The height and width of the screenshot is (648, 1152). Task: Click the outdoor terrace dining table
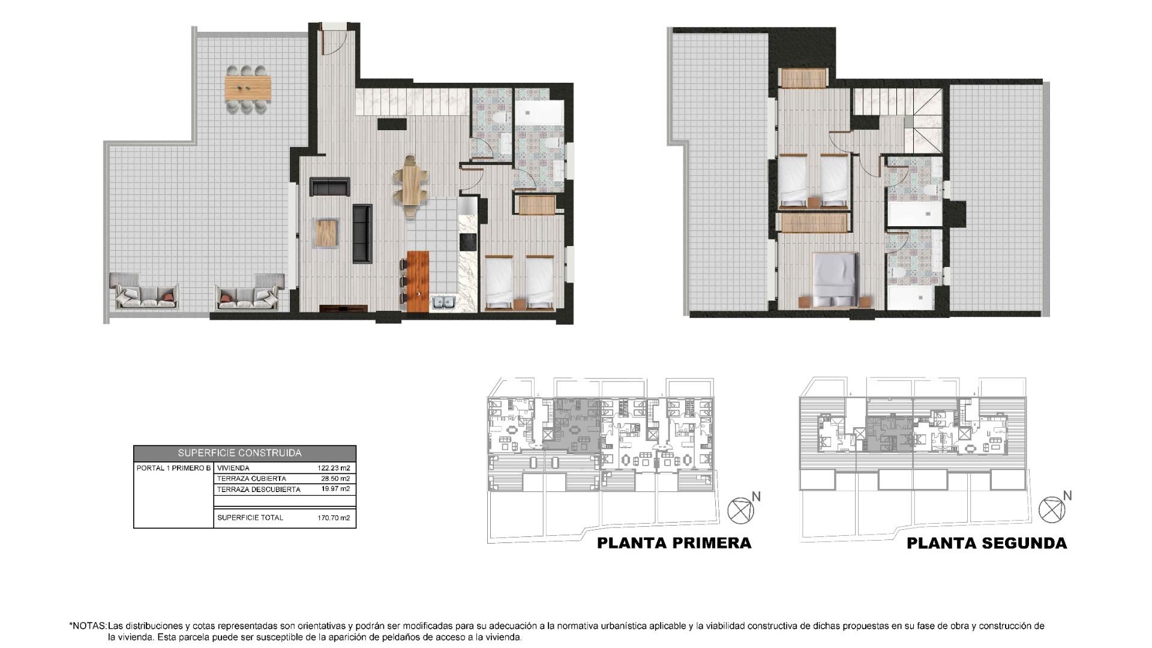[248, 88]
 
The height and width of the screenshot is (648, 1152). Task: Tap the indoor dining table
[411, 184]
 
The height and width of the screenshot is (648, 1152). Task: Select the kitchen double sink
[444, 303]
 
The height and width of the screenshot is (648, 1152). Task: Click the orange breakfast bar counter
[418, 281]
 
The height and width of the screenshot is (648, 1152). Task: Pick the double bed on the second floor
[835, 278]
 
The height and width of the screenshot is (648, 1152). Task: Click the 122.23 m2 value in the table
[334, 468]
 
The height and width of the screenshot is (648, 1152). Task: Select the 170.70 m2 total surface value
[334, 518]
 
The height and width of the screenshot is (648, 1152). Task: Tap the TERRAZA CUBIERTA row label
[251, 479]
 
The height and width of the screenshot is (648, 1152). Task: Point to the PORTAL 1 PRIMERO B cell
[173, 468]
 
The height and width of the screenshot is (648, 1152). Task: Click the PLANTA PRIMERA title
[674, 544]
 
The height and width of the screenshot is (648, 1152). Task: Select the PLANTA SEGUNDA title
[986, 544]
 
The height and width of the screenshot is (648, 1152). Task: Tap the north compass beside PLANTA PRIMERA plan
[740, 511]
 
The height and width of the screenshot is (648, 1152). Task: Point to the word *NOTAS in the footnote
[88, 626]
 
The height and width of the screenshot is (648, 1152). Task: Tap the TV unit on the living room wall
[343, 308]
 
